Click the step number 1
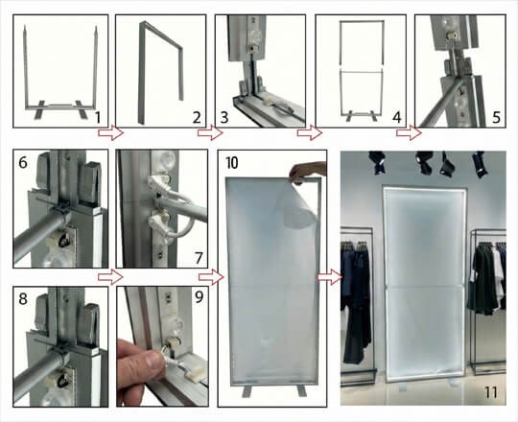pyautogui.click(x=97, y=118)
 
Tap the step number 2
pyautogui.click(x=197, y=118)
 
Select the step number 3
pyautogui.click(x=224, y=118)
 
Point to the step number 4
pyautogui.click(x=397, y=118)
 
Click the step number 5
pyautogui.click(x=497, y=118)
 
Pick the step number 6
pyautogui.click(x=22, y=162)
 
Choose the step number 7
pyautogui.click(x=199, y=258)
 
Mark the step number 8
pyautogui.click(x=22, y=299)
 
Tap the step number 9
pyautogui.click(x=199, y=297)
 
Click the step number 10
pyautogui.click(x=231, y=162)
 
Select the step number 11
pyautogui.click(x=490, y=392)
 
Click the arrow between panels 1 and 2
pyautogui.click(x=110, y=132)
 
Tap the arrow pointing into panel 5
pyautogui.click(x=409, y=132)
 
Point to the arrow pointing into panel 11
pyautogui.click(x=330, y=277)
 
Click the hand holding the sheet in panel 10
pyautogui.click(x=306, y=172)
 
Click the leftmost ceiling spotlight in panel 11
pyautogui.click(x=377, y=162)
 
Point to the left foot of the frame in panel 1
pyautogui.click(x=39, y=109)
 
